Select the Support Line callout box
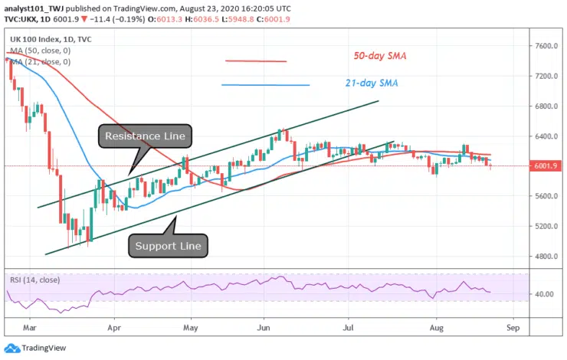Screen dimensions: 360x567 point(169,246)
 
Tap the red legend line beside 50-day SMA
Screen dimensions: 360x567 point(255,61)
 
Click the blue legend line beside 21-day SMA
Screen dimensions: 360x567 point(265,85)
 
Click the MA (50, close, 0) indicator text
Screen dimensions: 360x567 point(43,49)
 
